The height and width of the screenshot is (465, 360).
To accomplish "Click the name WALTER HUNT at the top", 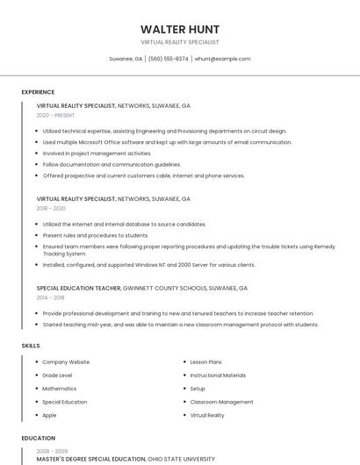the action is click(180, 29).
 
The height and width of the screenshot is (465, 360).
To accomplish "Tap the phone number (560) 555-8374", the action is click(168, 59).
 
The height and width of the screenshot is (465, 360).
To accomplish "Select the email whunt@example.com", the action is click(222, 59).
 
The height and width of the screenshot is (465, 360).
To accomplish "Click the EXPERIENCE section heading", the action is click(38, 92).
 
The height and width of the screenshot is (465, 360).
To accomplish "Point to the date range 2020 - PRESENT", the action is click(55, 116).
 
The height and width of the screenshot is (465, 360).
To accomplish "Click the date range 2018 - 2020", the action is click(51, 209).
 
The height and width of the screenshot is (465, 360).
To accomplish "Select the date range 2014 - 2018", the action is click(51, 297).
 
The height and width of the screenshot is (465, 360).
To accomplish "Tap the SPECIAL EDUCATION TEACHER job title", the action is click(77, 288).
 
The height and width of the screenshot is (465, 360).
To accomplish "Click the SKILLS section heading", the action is click(31, 346).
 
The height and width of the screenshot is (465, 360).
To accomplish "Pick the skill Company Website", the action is click(66, 362).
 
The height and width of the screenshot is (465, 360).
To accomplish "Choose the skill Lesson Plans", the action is click(205, 362).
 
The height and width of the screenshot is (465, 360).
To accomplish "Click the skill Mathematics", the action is click(60, 389).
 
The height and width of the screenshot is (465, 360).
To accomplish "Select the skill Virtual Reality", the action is click(207, 415).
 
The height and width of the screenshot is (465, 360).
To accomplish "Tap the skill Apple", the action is click(49, 415).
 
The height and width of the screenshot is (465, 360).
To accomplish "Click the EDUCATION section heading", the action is click(38, 438).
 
